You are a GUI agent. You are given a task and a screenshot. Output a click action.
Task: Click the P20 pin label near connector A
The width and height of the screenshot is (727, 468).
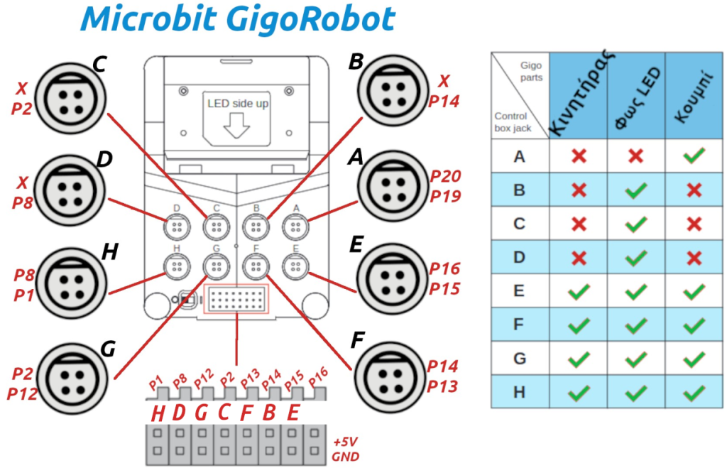coord(445,177)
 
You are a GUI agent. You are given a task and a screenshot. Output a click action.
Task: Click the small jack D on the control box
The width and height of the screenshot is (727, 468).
coord(176,227)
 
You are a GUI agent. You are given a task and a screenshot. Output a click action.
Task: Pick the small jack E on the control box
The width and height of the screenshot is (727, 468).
coord(293,266)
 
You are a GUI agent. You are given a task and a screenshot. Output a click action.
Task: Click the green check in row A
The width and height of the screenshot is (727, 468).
coord(694,156)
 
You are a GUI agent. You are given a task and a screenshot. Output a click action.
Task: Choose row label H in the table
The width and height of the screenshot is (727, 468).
coord(520,391)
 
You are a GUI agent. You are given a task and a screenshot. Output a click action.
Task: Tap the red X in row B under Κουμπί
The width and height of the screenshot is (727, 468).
coord(694,190)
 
